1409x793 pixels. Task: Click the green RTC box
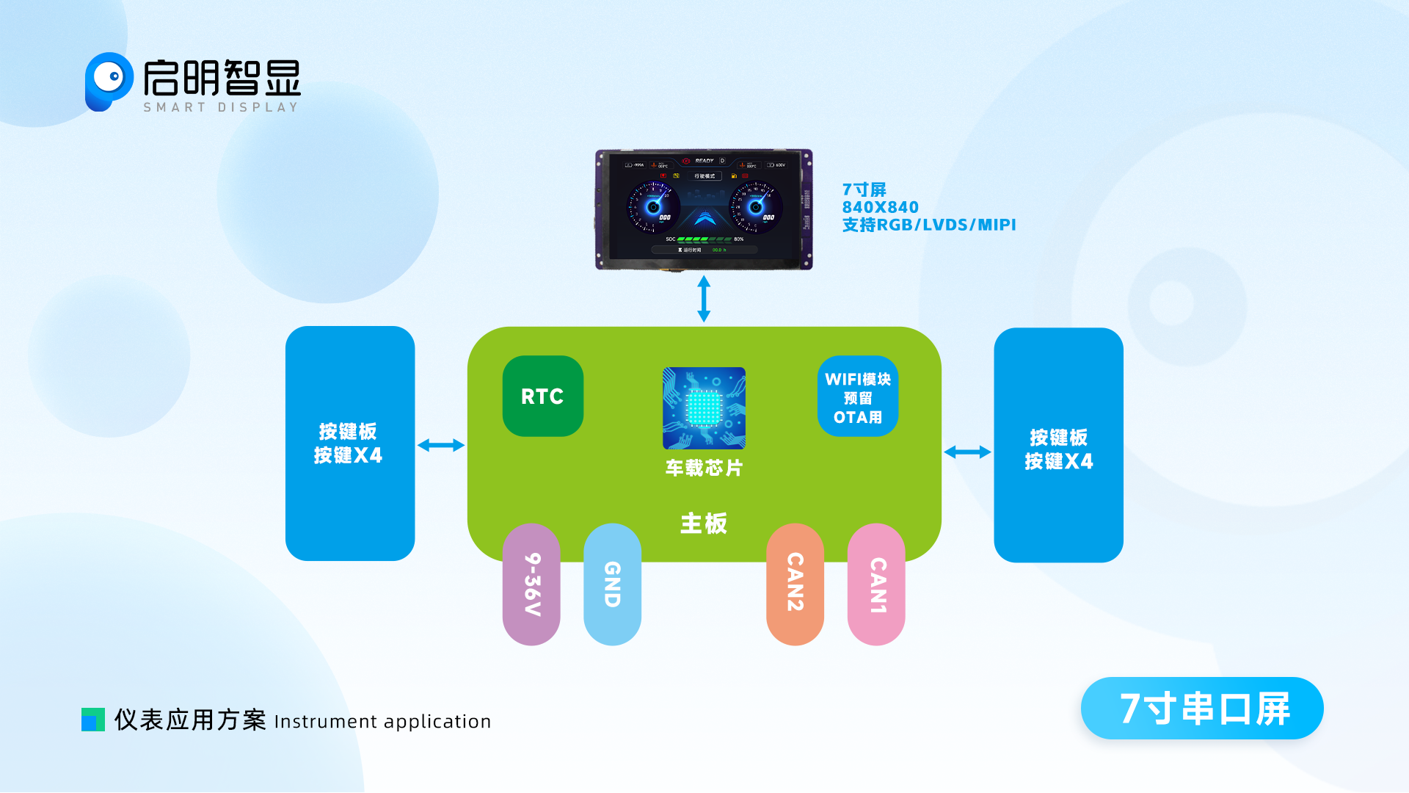click(x=542, y=396)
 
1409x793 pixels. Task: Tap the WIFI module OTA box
click(x=857, y=396)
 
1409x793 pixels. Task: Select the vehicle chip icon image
click(x=704, y=408)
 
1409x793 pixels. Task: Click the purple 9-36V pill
click(x=531, y=584)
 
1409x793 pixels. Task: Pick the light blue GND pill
click(x=612, y=584)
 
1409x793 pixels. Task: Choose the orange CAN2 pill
click(x=795, y=584)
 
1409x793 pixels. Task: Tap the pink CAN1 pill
click(x=876, y=584)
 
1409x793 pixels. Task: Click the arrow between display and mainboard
click(x=704, y=299)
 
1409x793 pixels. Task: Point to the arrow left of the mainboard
click(x=441, y=445)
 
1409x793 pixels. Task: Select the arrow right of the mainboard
click(x=967, y=452)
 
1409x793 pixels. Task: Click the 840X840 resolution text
click(x=881, y=208)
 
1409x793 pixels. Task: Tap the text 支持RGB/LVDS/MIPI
click(x=929, y=225)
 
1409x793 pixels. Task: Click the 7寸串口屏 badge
click(x=1202, y=709)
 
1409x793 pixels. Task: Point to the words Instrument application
click(x=382, y=722)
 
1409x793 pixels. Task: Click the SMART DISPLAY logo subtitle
click(x=221, y=108)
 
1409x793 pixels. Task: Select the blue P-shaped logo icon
click(x=108, y=81)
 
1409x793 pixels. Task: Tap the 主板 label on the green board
click(x=704, y=524)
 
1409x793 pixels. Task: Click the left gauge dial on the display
click(x=652, y=207)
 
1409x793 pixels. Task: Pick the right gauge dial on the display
click(x=756, y=207)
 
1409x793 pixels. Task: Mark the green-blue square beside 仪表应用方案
click(x=93, y=720)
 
